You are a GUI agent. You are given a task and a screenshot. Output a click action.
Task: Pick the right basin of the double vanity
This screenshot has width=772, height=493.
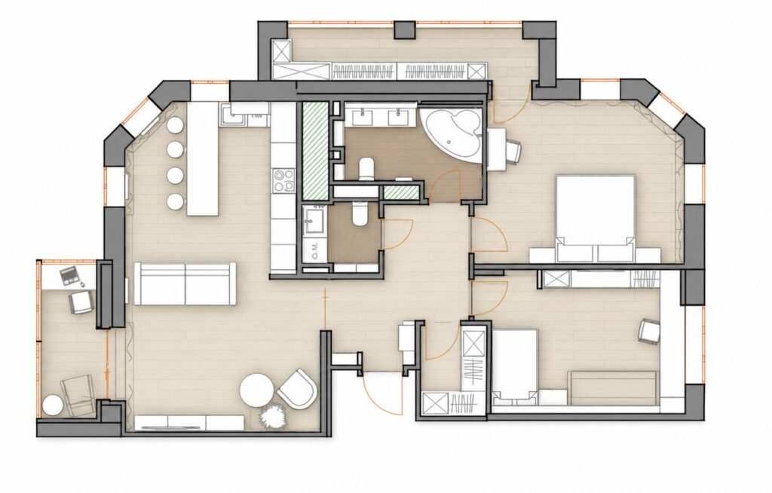click(398, 116)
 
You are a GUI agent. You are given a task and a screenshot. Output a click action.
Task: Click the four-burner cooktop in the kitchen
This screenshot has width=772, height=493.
click(283, 180)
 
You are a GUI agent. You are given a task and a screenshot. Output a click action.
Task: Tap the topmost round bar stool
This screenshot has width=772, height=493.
click(175, 125)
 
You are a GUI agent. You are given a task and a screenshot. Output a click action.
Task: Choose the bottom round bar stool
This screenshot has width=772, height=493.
click(175, 201)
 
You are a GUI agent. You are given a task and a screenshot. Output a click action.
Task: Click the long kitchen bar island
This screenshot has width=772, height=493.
click(202, 158)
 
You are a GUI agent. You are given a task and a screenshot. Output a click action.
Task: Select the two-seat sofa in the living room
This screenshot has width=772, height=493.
click(185, 283)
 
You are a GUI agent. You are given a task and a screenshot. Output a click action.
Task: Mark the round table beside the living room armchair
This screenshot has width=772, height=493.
click(256, 390)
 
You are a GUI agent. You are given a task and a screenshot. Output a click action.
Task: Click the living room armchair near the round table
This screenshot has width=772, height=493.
click(297, 389)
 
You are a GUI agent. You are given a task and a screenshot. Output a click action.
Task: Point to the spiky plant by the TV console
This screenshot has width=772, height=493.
click(272, 416)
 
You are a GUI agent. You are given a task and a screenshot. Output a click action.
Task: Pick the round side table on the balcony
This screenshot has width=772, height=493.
click(52, 406)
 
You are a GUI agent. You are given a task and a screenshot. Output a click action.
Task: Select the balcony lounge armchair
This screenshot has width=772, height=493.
click(78, 395)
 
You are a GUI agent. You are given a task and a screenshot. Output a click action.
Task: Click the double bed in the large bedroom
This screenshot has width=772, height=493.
click(596, 219)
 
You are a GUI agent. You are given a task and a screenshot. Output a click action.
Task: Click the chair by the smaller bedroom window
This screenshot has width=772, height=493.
click(649, 331)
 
